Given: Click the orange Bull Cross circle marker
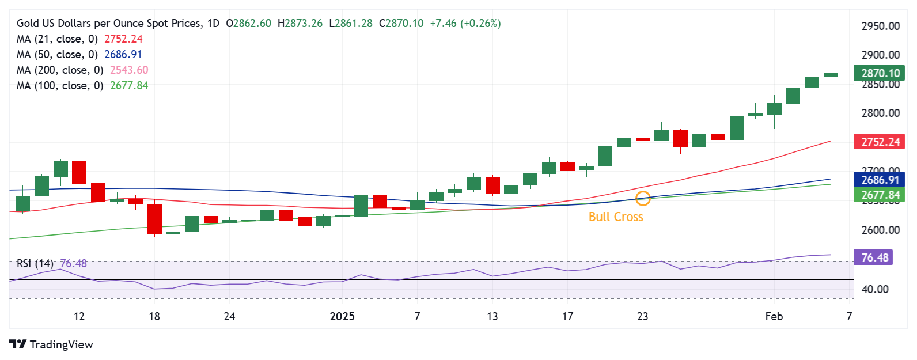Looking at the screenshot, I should tap(643, 199).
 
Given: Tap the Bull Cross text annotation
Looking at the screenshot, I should tap(616, 217).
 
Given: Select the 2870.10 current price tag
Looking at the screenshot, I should tap(880, 73).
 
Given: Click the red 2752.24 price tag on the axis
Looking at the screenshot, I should tap(880, 142).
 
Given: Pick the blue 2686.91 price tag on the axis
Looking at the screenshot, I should tap(880, 180).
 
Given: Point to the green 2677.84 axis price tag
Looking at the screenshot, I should tap(880, 195).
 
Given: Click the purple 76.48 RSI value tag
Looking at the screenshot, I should tap(874, 257).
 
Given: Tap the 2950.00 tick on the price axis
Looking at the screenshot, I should tap(880, 26).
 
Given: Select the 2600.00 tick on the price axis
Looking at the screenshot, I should tap(880, 230).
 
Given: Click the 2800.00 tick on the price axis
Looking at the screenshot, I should tap(880, 113).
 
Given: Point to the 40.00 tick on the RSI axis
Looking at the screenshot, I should tap(874, 289).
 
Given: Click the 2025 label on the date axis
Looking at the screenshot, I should tap(342, 316).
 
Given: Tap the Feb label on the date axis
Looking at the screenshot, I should tap(774, 316).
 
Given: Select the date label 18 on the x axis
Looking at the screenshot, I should tap(154, 316).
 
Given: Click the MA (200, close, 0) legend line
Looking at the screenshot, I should tap(82, 70).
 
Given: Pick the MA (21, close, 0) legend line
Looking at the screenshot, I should tap(79, 39).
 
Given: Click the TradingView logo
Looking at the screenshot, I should tap(51, 344).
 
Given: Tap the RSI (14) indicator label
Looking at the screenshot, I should tap(35, 263).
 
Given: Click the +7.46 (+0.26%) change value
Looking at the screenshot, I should tap(465, 24).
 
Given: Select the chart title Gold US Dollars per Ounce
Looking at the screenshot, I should tap(109, 24).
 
